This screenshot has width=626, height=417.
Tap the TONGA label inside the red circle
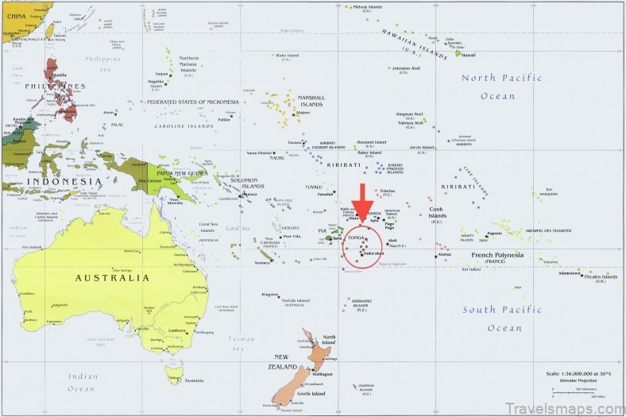pos(356,237)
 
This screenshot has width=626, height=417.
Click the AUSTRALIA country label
pos(111,278)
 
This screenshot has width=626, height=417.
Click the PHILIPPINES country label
pos(55,86)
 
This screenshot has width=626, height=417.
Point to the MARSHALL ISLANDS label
pos(311,101)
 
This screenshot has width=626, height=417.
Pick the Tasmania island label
pos(194,380)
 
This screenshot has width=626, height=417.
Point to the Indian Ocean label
pos(81,382)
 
